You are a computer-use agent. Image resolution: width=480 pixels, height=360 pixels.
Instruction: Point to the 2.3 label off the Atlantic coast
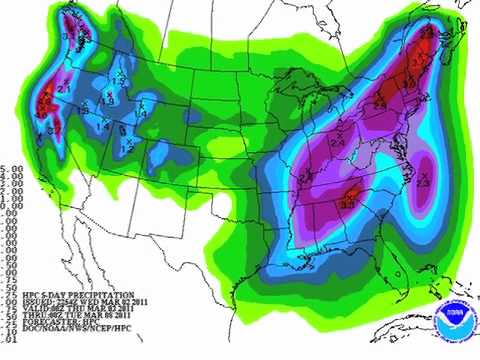tap(423, 184)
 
